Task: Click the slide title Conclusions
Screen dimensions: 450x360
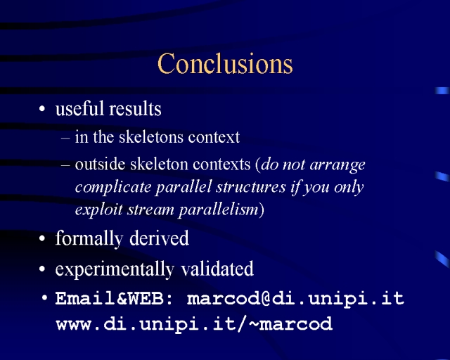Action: click(225, 63)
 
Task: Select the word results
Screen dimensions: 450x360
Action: click(135, 109)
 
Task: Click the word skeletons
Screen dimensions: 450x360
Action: click(151, 136)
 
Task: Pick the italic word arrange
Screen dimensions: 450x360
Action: click(337, 166)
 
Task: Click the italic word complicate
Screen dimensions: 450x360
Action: click(113, 188)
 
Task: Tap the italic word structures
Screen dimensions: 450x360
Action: click(251, 187)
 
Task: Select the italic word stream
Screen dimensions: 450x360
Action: click(150, 210)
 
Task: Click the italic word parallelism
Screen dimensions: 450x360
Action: click(219, 210)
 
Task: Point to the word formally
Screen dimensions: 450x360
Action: click(89, 238)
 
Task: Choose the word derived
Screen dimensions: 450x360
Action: click(159, 238)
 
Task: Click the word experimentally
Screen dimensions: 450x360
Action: click(115, 269)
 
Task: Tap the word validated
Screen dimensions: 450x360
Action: click(217, 269)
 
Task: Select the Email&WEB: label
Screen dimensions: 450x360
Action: click(114, 298)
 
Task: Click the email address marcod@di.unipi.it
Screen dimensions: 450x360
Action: click(295, 299)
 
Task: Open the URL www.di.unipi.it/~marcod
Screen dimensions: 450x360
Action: click(194, 323)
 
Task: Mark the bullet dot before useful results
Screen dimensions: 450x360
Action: click(42, 109)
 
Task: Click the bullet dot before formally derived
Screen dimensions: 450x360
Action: click(42, 238)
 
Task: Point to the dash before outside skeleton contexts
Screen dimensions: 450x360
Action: click(65, 166)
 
